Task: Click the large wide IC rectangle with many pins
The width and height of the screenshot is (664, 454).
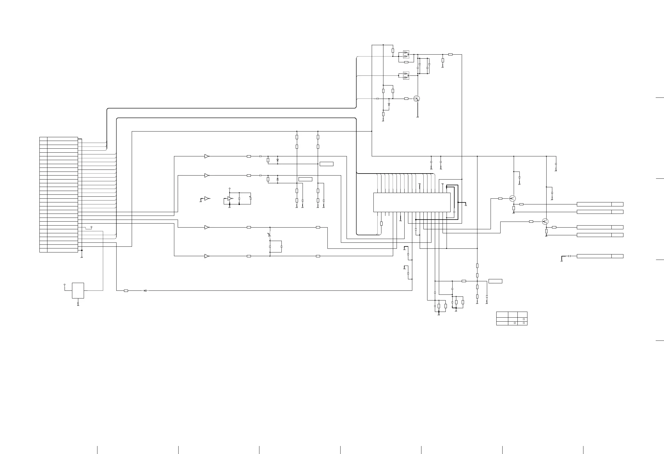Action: [x=412, y=202]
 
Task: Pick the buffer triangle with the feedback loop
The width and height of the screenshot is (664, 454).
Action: [x=230, y=198]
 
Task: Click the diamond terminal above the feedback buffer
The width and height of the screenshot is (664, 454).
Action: [x=229, y=189]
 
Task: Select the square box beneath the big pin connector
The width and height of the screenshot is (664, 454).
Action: [x=78, y=290]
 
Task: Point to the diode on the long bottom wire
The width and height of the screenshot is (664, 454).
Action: [x=145, y=290]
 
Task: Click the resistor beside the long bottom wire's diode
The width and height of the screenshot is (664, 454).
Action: [x=126, y=290]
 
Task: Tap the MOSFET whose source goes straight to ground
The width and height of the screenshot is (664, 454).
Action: [x=417, y=99]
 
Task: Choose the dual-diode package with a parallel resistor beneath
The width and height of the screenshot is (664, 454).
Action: [x=406, y=54]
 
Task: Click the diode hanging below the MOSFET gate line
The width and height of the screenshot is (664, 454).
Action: [x=389, y=104]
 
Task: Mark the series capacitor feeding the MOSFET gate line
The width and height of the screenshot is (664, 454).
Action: [x=378, y=99]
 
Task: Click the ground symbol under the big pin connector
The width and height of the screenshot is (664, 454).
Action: [x=82, y=256]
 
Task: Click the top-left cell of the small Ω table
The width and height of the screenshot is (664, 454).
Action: [x=502, y=314]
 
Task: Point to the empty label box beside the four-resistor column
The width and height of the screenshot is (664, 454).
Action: [x=495, y=281]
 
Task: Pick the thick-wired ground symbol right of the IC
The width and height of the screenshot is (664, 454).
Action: [x=466, y=204]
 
